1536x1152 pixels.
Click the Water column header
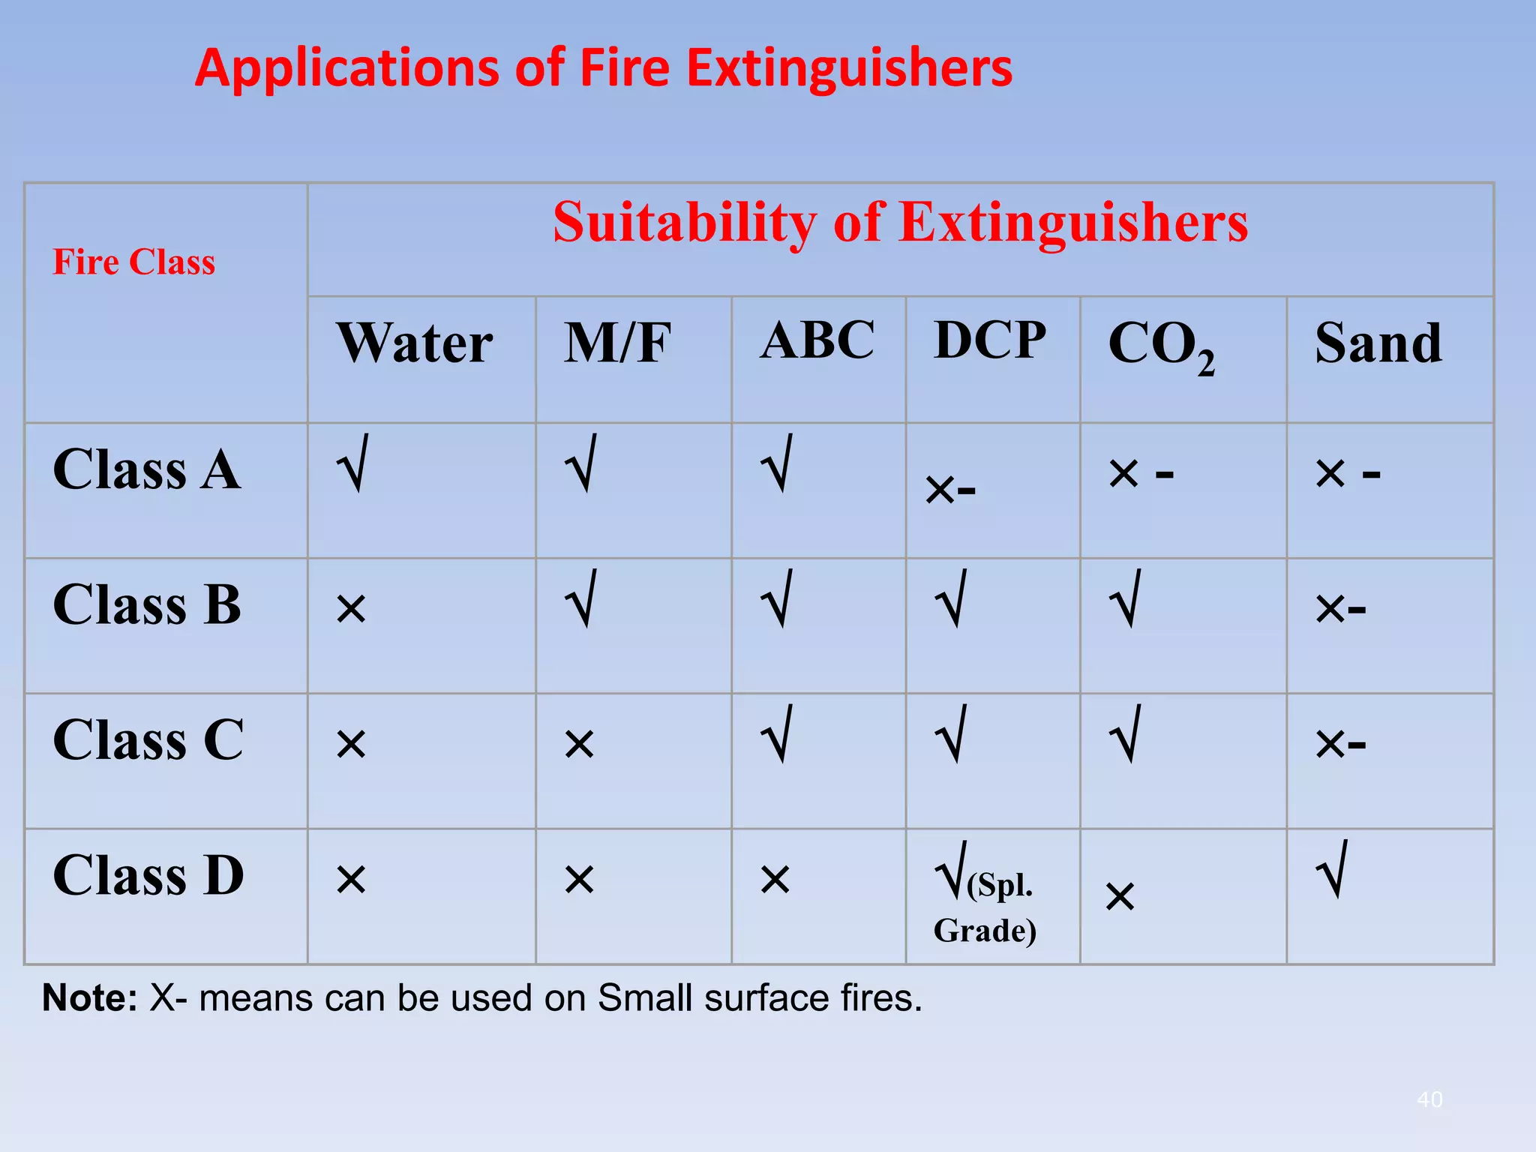click(x=415, y=343)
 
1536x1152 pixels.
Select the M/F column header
click(x=617, y=343)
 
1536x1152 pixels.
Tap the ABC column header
click(x=817, y=340)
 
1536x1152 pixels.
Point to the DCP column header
click(x=990, y=340)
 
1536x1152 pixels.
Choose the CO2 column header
click(x=1161, y=345)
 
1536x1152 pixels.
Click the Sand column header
click(x=1378, y=343)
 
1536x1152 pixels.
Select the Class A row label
click(x=147, y=469)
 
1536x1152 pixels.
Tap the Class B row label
click(x=147, y=604)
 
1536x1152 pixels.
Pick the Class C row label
click(x=148, y=739)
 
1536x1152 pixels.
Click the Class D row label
click(x=148, y=875)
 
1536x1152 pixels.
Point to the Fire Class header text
click(x=133, y=262)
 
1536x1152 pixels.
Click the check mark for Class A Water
click(x=352, y=463)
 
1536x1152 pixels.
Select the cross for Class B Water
click(x=351, y=609)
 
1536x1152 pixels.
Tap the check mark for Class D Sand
click(x=1333, y=870)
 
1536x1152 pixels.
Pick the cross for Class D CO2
click(x=1120, y=897)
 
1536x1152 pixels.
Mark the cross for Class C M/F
click(x=579, y=744)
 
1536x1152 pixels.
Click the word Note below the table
click(x=89, y=998)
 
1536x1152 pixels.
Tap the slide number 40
click(x=1429, y=1099)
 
